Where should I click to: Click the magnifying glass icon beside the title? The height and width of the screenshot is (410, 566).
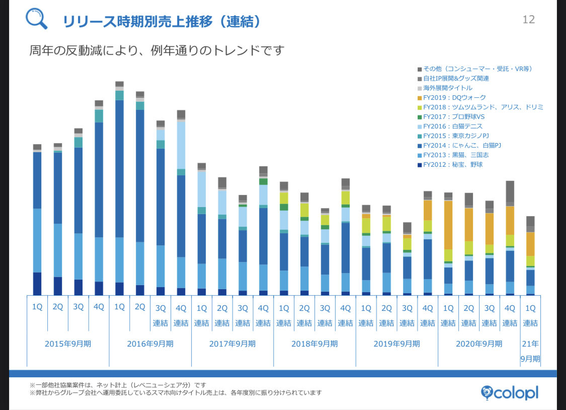(x=36, y=19)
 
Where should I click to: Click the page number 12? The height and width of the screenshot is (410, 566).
(x=529, y=20)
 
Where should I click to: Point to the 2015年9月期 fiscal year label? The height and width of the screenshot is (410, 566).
(x=68, y=344)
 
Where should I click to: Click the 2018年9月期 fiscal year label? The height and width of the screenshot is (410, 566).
(x=314, y=344)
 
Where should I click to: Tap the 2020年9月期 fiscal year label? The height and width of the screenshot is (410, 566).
(x=479, y=344)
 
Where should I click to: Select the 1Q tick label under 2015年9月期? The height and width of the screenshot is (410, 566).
(x=37, y=307)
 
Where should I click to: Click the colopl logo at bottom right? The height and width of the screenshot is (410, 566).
(x=509, y=392)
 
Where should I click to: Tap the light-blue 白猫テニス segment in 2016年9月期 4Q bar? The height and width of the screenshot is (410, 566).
(x=181, y=145)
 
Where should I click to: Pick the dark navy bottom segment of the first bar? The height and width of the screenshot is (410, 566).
(x=37, y=284)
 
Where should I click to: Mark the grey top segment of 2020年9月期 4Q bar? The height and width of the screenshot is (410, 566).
(x=510, y=191)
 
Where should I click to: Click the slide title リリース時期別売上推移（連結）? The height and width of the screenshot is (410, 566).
(x=161, y=21)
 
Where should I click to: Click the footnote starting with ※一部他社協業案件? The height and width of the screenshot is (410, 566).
(x=117, y=385)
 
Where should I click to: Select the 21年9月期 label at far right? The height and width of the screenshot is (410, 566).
(x=530, y=351)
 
